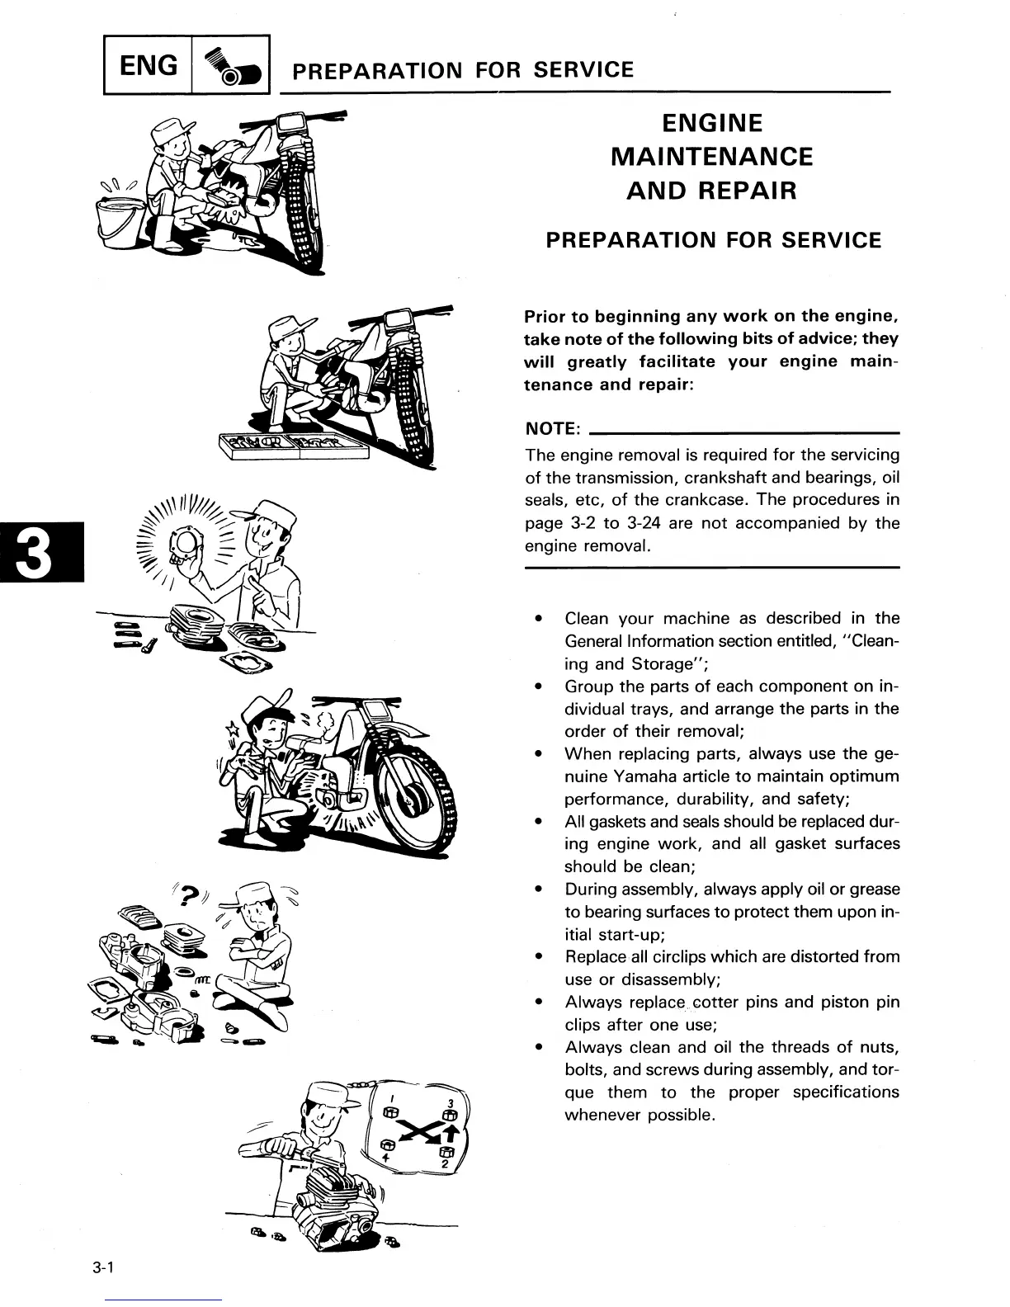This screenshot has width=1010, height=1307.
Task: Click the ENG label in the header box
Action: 149,64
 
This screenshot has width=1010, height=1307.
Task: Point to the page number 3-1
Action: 102,1270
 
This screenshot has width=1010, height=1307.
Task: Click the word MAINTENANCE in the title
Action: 711,157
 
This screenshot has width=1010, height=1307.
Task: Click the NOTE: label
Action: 553,429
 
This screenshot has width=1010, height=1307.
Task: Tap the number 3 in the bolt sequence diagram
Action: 450,1103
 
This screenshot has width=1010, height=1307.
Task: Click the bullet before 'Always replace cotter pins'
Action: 538,1003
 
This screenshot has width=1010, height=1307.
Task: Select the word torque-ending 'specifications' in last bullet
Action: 845,1092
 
